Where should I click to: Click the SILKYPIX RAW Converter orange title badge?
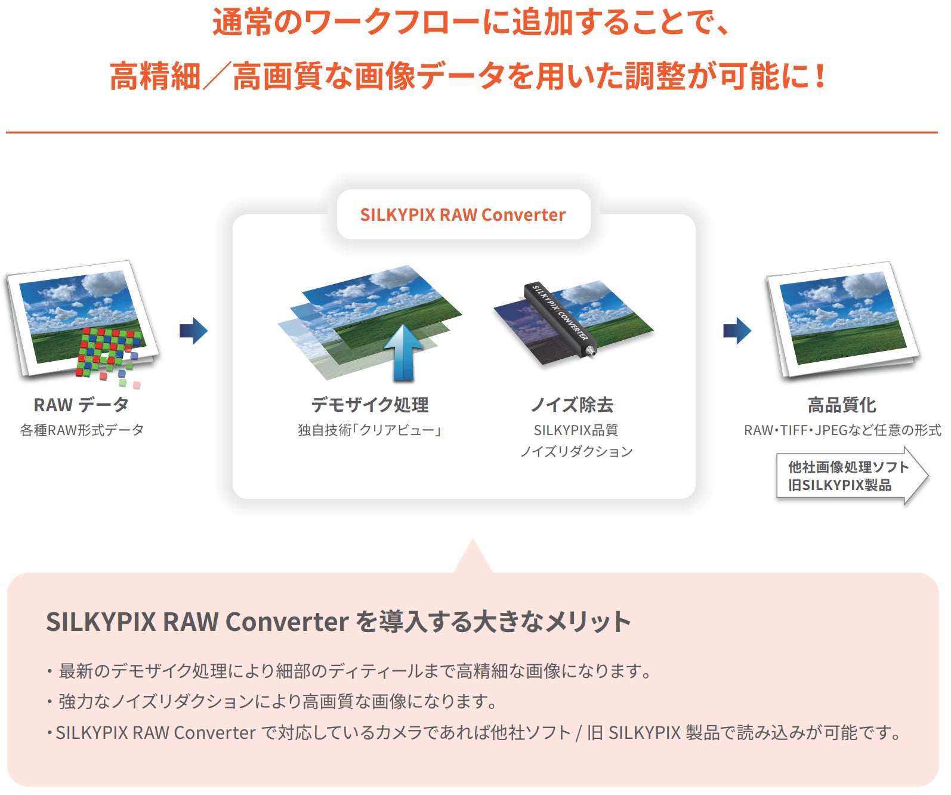[x=463, y=215]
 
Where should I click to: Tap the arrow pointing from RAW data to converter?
[x=194, y=331]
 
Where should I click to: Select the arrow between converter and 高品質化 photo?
[x=737, y=331]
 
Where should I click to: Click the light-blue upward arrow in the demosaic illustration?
[x=404, y=352]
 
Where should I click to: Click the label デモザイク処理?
[x=370, y=405]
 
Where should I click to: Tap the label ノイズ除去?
[x=572, y=405]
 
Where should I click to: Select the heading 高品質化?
[x=842, y=405]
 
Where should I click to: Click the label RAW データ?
[x=81, y=405]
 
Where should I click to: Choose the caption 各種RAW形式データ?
[x=82, y=430]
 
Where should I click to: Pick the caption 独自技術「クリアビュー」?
[x=370, y=430]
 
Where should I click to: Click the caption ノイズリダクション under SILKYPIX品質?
[x=576, y=452]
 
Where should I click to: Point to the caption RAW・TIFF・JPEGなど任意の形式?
[x=842, y=430]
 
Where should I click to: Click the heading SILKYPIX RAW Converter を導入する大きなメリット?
[x=338, y=622]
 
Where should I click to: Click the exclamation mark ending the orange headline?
[x=820, y=76]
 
